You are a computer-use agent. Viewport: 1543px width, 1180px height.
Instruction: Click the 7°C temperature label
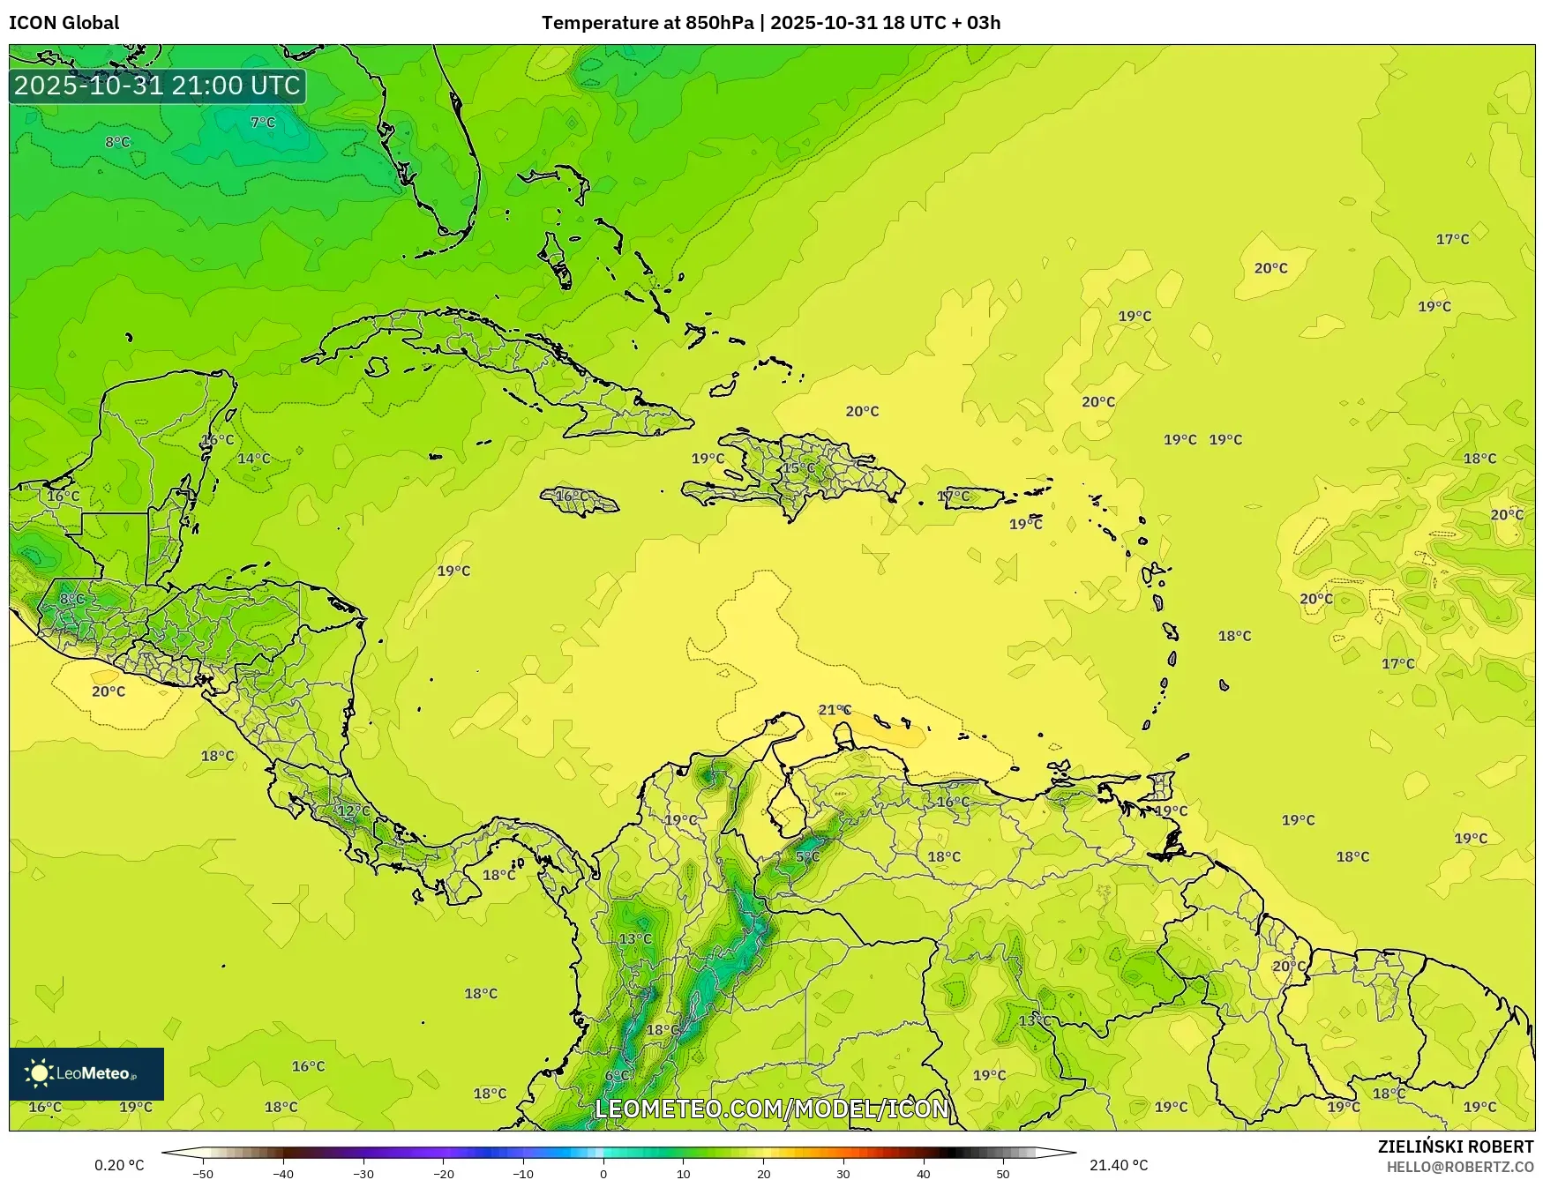click(263, 123)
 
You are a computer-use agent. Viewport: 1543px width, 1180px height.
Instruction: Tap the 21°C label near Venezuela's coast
click(835, 710)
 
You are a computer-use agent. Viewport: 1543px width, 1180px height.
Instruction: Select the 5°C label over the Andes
click(807, 856)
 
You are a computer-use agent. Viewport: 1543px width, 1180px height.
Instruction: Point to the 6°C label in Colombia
click(618, 1075)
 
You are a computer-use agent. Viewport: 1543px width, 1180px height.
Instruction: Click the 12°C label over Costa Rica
click(354, 810)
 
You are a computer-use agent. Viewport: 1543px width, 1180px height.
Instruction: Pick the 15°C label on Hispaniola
click(799, 467)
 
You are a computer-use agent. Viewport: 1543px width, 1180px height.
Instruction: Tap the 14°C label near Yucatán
click(254, 459)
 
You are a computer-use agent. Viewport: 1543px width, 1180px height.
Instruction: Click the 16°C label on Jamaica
click(572, 497)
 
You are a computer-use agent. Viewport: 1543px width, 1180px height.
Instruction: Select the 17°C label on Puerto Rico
click(954, 497)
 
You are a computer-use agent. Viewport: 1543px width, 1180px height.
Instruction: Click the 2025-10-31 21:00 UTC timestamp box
click(158, 86)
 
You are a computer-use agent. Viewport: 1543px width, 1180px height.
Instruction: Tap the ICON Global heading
click(64, 23)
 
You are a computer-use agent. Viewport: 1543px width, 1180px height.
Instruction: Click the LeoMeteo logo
click(86, 1073)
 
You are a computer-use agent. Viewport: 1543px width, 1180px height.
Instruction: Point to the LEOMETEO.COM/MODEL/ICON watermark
click(772, 1109)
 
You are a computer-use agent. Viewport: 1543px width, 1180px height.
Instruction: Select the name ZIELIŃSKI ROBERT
click(1456, 1146)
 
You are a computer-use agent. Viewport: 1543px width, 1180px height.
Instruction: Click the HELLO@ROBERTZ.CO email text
click(1459, 1167)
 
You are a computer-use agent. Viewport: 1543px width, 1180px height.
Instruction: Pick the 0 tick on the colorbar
click(603, 1173)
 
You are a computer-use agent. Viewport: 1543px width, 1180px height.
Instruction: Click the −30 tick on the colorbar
click(363, 1173)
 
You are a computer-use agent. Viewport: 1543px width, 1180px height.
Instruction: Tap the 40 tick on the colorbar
click(924, 1173)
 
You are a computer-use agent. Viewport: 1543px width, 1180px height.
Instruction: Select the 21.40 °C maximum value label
click(1119, 1165)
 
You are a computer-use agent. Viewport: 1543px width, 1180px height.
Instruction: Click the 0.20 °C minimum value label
click(119, 1165)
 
